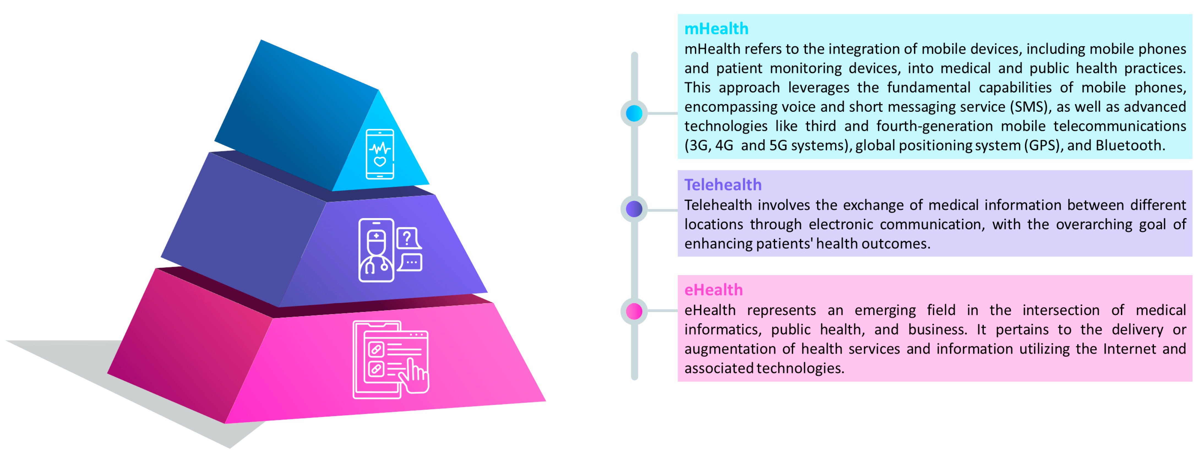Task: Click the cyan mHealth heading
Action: click(x=716, y=29)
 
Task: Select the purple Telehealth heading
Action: click(x=723, y=185)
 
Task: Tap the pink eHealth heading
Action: click(x=713, y=290)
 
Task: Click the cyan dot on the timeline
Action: click(x=634, y=113)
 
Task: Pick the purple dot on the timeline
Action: click(x=634, y=209)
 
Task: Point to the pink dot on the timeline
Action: click(x=634, y=311)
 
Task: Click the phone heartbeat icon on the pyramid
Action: click(x=380, y=154)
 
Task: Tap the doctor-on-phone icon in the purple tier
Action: click(x=376, y=250)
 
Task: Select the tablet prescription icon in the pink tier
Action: click(x=390, y=359)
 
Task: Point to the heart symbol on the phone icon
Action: click(x=380, y=162)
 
